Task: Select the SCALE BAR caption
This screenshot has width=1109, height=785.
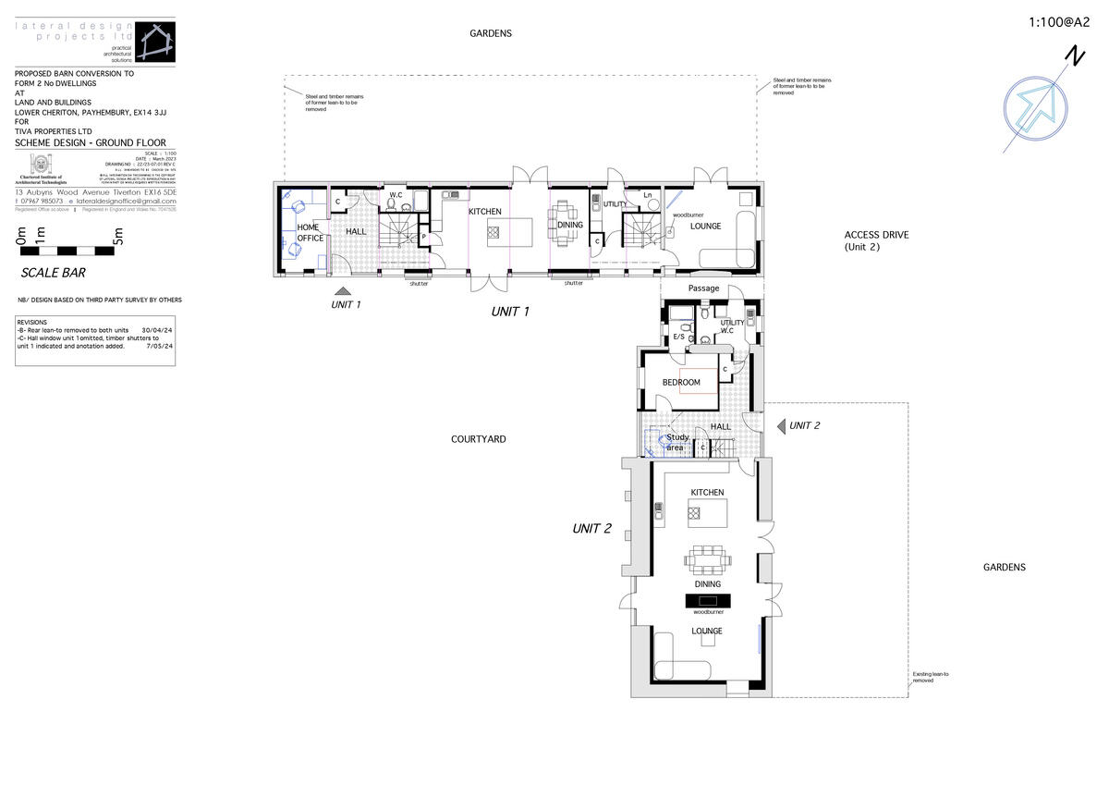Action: pos(53,274)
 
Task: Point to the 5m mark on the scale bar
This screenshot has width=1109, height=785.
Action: pos(117,240)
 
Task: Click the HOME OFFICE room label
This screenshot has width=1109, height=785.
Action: pos(309,232)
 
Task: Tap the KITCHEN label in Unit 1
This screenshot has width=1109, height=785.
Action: pos(484,212)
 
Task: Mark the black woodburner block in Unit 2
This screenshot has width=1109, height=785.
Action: pos(708,600)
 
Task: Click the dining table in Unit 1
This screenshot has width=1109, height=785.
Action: pos(565,224)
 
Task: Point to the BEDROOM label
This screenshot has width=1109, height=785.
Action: pos(681,382)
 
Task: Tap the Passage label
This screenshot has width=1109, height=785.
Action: pos(703,288)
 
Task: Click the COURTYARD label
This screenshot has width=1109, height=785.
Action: pos(478,439)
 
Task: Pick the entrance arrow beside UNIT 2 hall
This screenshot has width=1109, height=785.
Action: pos(780,425)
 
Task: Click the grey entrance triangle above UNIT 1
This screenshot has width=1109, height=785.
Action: pos(343,290)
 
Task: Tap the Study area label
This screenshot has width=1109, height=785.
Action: pos(676,443)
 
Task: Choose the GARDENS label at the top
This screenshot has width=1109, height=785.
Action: pos(490,33)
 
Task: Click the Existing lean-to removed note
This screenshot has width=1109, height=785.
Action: pos(930,677)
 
